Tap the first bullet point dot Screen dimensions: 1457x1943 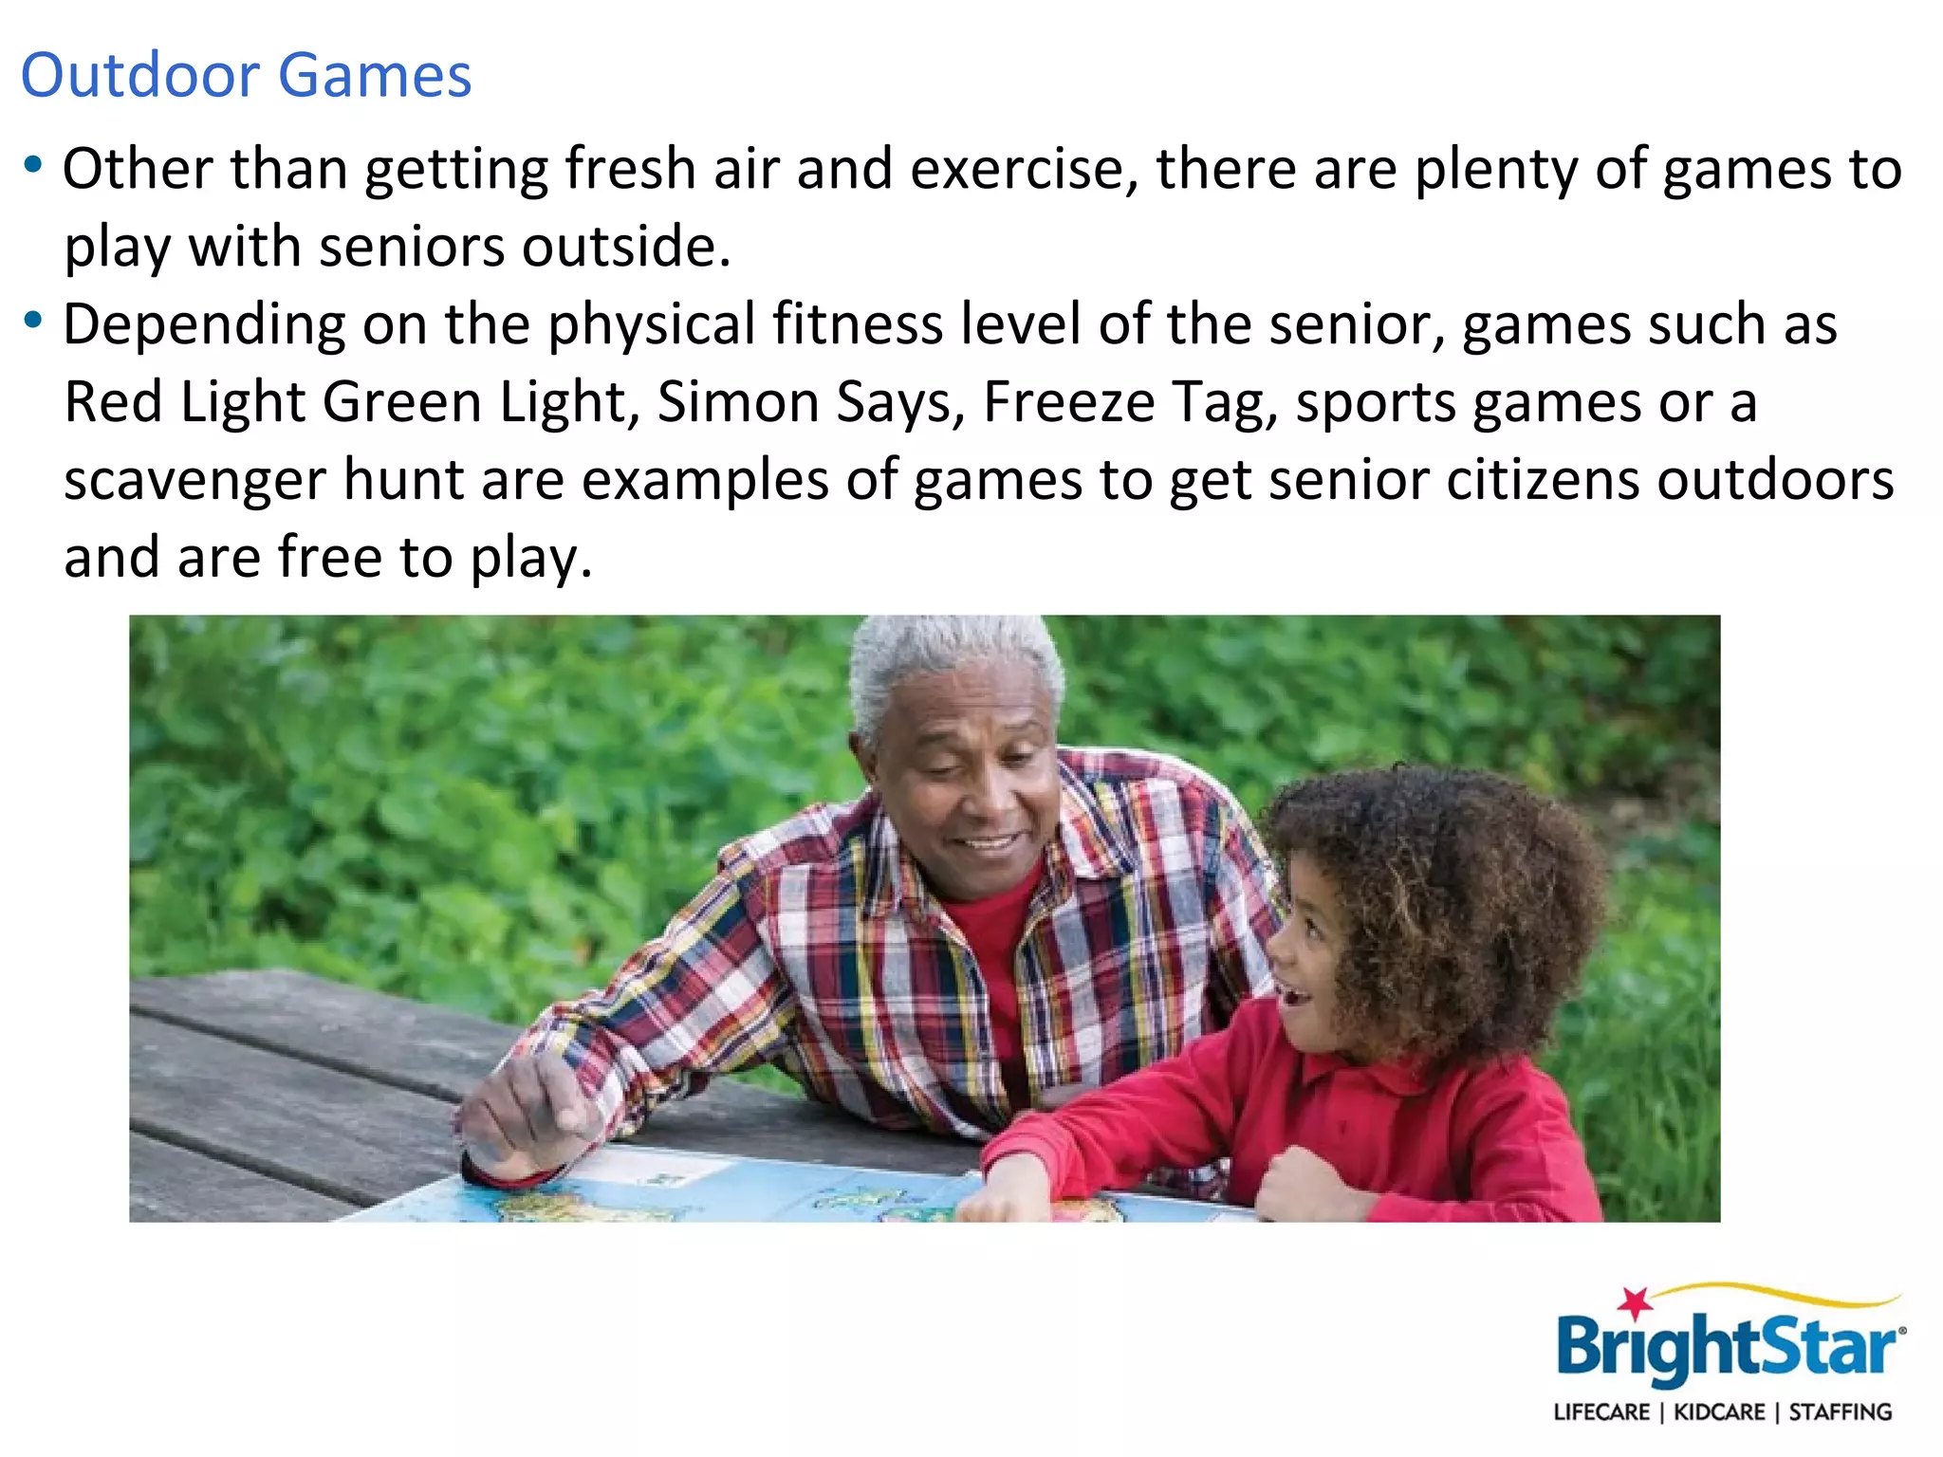(x=33, y=165)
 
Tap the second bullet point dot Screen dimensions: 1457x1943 (x=33, y=321)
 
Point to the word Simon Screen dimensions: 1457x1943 (x=738, y=402)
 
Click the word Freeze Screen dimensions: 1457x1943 (x=1069, y=402)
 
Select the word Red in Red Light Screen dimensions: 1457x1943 (x=114, y=402)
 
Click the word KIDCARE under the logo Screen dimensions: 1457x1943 (x=1719, y=1412)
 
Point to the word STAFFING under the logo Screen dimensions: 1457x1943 (x=1840, y=1412)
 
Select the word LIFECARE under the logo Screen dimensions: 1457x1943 (x=1601, y=1412)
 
